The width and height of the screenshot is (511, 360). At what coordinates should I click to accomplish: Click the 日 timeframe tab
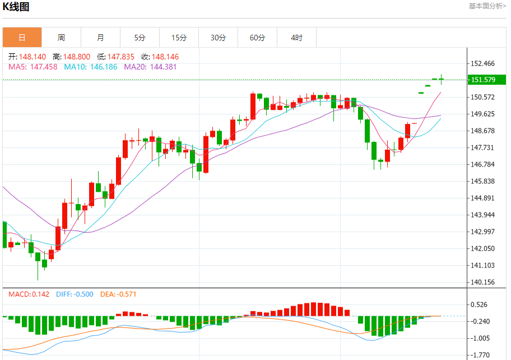point(22,38)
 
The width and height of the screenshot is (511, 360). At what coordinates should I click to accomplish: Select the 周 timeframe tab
point(61,38)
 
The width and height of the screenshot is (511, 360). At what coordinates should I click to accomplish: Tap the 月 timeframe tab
point(100,38)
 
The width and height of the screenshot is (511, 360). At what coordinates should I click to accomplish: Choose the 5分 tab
point(140,38)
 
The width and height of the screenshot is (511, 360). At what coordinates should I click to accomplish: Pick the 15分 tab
point(179,38)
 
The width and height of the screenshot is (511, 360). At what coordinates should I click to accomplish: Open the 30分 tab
point(218,38)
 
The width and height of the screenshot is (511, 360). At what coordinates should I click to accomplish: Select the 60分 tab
point(257,38)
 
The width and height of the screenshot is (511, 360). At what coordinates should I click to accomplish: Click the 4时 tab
point(296,38)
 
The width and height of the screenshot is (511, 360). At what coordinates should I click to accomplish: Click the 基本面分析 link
point(487,6)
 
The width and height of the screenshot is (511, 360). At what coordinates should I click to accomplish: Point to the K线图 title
point(16,7)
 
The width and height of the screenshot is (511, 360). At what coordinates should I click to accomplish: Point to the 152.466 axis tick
point(483,63)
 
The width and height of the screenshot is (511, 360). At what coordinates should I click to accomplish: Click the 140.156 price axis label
point(483,282)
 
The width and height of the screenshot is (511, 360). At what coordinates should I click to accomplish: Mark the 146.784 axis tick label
point(483,164)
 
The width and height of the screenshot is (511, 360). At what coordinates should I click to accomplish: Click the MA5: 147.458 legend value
point(32,67)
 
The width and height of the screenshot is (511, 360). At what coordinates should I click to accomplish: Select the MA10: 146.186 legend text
point(91,67)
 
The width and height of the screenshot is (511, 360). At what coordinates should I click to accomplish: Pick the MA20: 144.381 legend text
point(150,67)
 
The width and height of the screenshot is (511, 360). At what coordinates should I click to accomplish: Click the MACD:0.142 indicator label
point(29,294)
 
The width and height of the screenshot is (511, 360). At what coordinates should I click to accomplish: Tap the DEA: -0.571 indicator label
point(118,294)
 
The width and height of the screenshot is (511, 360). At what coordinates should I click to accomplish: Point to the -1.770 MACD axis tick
point(481,355)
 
